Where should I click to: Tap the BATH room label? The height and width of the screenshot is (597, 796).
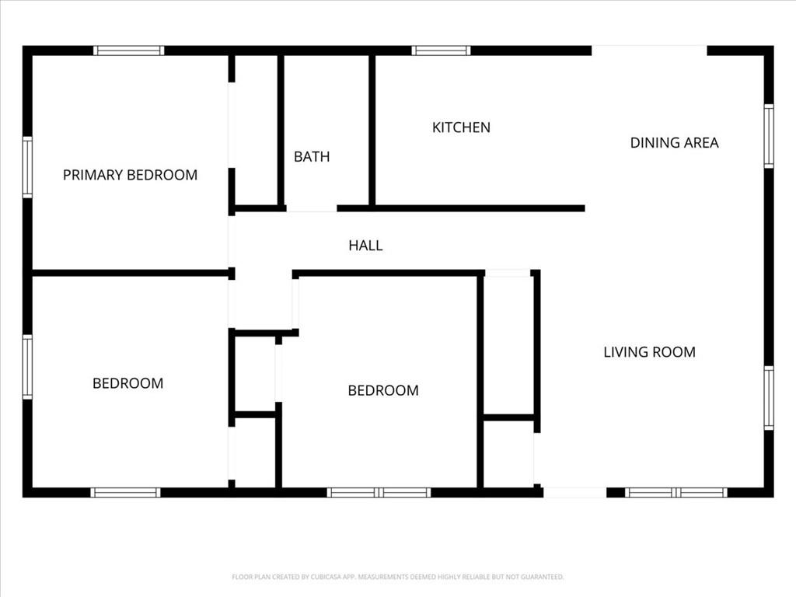pos(312,157)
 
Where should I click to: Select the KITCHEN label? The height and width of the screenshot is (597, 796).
pos(461,127)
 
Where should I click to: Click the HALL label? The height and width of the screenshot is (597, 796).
pos(365,246)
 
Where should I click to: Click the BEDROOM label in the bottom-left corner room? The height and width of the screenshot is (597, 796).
pos(128,383)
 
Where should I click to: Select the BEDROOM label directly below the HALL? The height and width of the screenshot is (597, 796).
pos(383,390)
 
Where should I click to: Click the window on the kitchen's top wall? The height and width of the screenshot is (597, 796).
pos(441,51)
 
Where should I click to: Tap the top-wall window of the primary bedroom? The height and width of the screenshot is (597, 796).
pos(128,51)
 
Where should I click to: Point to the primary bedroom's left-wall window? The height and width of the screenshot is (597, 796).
pos(27,167)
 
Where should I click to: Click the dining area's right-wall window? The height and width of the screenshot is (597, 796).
pos(769,135)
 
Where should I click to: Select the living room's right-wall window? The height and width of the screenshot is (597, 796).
pos(769,398)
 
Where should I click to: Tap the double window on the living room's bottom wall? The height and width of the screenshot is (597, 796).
pos(676,492)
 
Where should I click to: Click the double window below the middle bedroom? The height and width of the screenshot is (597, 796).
pos(379,492)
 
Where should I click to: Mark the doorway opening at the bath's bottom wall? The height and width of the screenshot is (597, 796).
pos(312,208)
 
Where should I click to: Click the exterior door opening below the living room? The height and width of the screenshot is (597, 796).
pos(574,492)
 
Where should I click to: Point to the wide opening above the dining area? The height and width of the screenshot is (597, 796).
pos(649,51)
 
